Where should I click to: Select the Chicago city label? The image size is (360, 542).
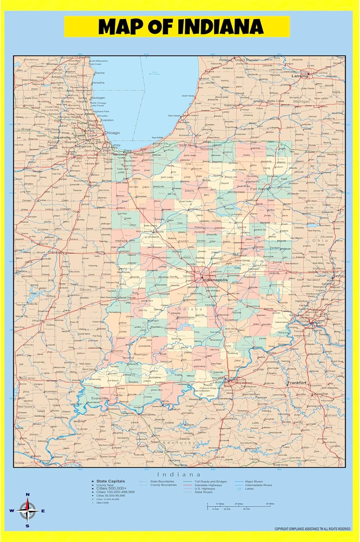[112, 133]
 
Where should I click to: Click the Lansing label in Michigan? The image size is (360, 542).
[300, 76]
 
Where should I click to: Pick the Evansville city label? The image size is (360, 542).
[99, 398]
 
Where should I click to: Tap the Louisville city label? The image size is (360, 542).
[220, 382]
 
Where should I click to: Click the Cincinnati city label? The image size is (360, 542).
[300, 321]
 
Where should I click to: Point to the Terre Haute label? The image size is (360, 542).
[128, 297]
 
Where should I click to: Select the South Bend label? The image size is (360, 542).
[187, 145]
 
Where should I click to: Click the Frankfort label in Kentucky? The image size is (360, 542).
[297, 383]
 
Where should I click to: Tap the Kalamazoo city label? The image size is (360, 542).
[231, 105]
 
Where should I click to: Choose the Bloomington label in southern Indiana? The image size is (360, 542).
[186, 317]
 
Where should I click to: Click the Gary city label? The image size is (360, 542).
[127, 151]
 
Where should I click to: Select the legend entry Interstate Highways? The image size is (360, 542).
[209, 485]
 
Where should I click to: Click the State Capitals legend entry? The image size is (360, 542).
[110, 481]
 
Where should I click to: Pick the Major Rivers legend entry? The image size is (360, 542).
[254, 482]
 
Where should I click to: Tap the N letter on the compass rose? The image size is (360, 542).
[28, 495]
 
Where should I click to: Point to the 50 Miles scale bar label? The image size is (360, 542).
[270, 504]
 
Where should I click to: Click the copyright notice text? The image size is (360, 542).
[312, 529]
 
